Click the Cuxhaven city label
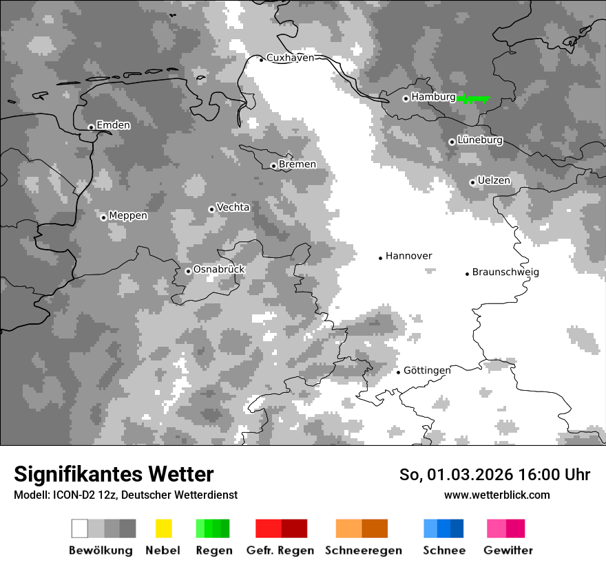coord(290,58)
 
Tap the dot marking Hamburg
coord(406,98)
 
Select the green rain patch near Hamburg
coord(473,99)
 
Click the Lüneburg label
coord(480,140)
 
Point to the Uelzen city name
coord(494,181)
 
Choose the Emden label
coord(113,125)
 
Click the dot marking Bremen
coord(273,166)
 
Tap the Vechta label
coord(233,208)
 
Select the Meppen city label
coord(128,216)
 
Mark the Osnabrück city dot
coord(188,271)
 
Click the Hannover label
coord(408,256)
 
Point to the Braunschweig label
coord(505,272)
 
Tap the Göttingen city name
coord(427,371)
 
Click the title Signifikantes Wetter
coord(114,474)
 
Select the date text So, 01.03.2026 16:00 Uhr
coord(494,475)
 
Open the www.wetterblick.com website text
coord(497,495)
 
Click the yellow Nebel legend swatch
coord(163,528)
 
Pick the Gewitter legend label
coord(508,550)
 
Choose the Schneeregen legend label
coord(364,550)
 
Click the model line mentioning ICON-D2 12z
coord(125,495)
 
